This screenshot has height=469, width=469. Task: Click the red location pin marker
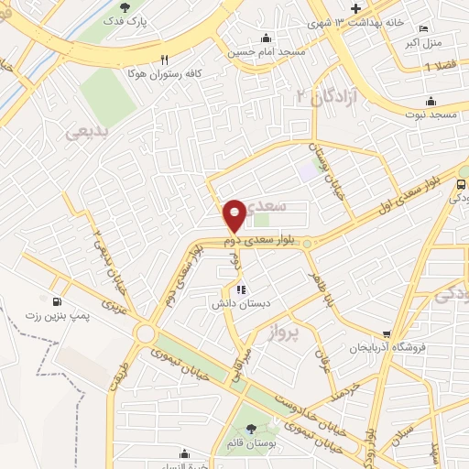(x=234, y=214)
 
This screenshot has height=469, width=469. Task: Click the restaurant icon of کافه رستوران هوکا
(x=164, y=55)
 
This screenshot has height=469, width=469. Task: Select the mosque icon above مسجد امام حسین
(x=266, y=38)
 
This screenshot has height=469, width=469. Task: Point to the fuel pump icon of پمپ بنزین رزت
(x=58, y=301)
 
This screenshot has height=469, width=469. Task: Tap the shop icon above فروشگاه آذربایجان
(x=387, y=334)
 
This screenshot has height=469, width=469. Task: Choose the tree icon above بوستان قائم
(x=251, y=429)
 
